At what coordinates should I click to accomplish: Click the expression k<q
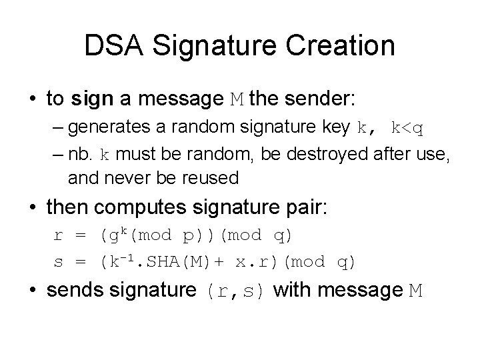[x=407, y=127]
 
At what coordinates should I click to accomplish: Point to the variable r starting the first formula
[x=57, y=236]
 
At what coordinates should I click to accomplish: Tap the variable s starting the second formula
[x=57, y=263]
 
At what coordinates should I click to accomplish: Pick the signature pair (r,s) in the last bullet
[x=238, y=291]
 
